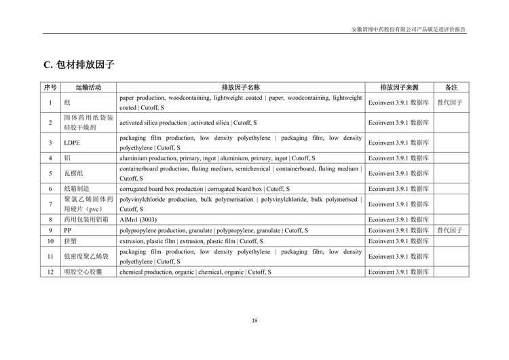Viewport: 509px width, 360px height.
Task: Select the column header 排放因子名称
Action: pyautogui.click(x=240, y=88)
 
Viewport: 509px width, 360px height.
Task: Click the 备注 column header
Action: pyautogui.click(x=451, y=88)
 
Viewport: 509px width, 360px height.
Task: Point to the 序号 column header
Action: pyautogui.click(x=50, y=88)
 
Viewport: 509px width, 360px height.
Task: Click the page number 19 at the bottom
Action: pyautogui.click(x=254, y=321)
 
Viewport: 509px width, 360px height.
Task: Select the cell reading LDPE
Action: pyautogui.click(x=71, y=143)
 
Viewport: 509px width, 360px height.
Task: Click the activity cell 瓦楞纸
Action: pyautogui.click(x=73, y=173)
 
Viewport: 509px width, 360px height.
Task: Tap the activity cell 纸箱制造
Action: pyautogui.click(x=77, y=189)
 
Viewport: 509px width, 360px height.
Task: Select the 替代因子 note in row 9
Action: pyautogui.click(x=450, y=230)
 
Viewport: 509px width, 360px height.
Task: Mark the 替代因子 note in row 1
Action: pyautogui.click(x=450, y=103)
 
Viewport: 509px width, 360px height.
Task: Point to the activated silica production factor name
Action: pyautogui.click(x=188, y=123)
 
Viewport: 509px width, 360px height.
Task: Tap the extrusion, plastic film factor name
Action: pyautogui.click(x=191, y=241)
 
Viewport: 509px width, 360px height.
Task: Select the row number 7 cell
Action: pyautogui.click(x=50, y=204)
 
